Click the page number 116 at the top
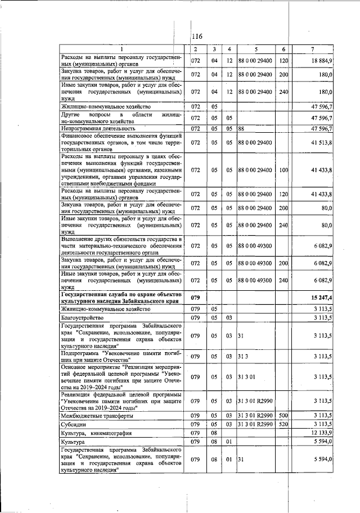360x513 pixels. pos(197,37)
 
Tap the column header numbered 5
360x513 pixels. pos(255,49)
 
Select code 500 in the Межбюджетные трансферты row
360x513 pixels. pos(283,416)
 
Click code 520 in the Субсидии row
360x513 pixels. pos(283,424)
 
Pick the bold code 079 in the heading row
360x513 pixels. pos(196,297)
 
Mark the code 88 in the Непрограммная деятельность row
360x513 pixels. pos(241,128)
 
